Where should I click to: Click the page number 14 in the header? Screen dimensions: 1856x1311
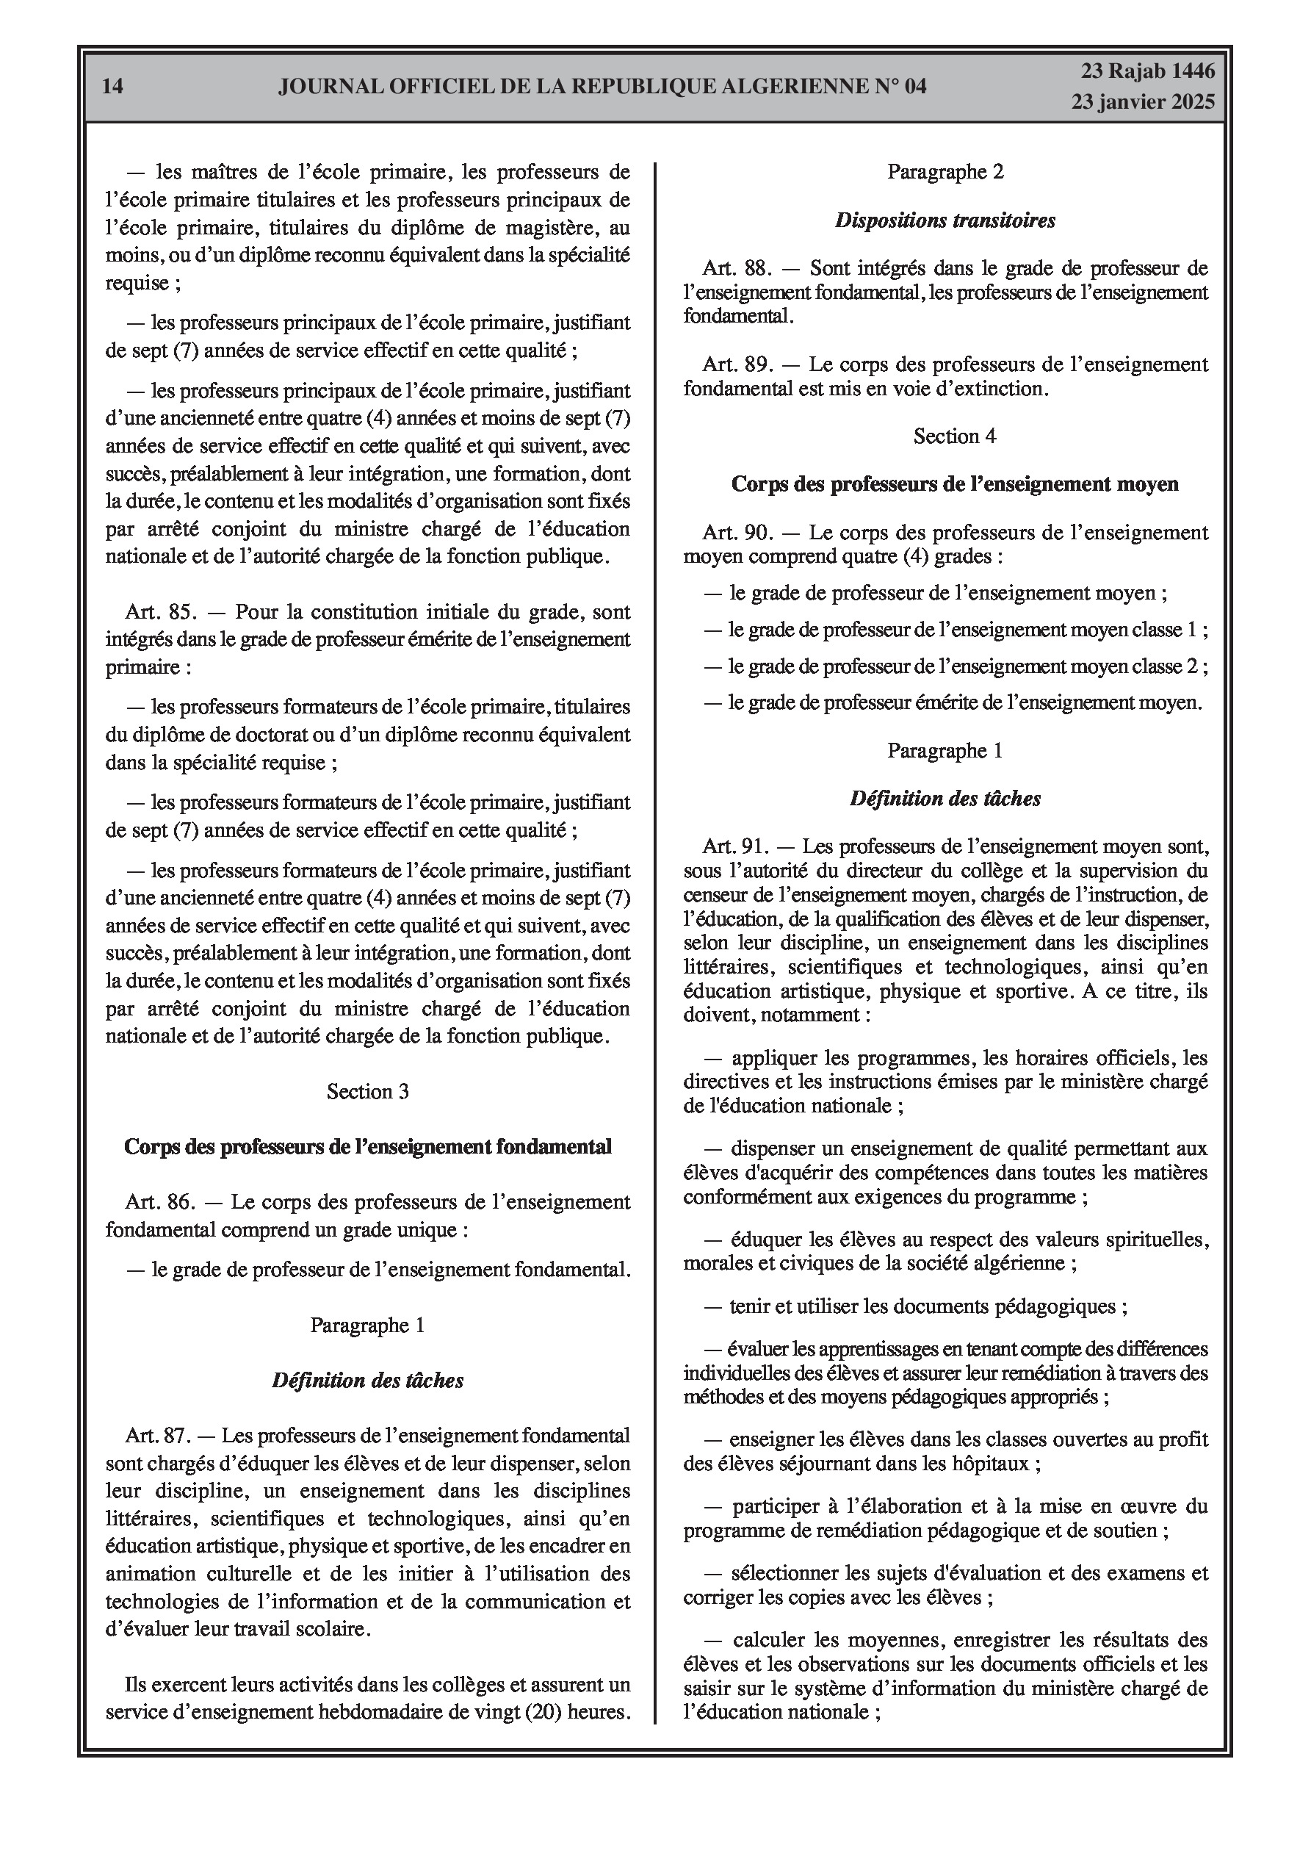click(x=113, y=87)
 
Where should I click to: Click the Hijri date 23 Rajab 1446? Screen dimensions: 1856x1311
click(x=1148, y=72)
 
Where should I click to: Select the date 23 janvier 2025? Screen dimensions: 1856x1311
click(x=1143, y=102)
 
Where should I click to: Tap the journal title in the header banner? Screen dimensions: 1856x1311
click(x=602, y=87)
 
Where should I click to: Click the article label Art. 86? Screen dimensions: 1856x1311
click(x=159, y=1202)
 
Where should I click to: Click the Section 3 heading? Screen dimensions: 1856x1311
click(x=368, y=1091)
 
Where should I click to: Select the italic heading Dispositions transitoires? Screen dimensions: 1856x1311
click(x=945, y=220)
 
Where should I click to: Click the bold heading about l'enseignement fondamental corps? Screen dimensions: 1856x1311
click(x=368, y=1146)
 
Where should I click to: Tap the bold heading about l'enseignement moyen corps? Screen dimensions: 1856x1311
click(x=955, y=484)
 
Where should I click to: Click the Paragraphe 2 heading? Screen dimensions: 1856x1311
click(x=945, y=171)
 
